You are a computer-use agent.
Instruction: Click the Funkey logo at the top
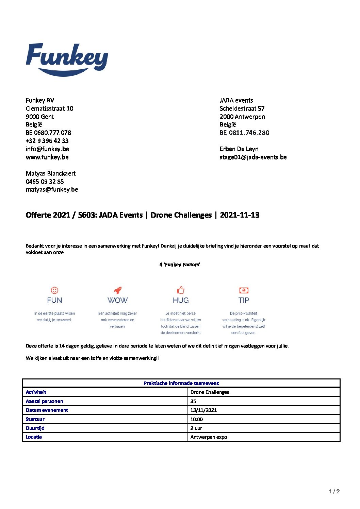click(67, 59)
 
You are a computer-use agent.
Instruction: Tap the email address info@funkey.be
click(47, 149)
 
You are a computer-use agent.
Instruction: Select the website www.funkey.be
click(47, 157)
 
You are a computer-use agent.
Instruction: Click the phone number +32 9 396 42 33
click(47, 141)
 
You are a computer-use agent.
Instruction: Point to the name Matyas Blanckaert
click(51, 173)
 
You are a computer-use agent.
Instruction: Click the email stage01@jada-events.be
click(253, 157)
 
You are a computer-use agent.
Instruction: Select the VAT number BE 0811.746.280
click(244, 133)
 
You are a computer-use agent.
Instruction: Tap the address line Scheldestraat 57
click(242, 108)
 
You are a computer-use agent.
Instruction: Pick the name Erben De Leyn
click(239, 149)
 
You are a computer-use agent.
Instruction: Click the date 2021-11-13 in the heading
click(240, 215)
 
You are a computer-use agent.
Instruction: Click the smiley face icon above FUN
click(54, 290)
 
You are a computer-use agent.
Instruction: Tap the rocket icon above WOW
click(118, 290)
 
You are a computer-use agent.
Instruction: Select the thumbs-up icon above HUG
click(180, 290)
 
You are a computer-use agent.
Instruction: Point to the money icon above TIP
click(244, 290)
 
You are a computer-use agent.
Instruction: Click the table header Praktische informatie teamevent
click(181, 383)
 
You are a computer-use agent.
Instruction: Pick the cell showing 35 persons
click(193, 401)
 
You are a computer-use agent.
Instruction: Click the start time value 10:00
click(197, 419)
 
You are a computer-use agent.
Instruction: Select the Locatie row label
click(34, 437)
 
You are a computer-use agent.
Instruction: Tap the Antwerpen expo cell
click(209, 437)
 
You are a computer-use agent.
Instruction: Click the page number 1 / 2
click(334, 491)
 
